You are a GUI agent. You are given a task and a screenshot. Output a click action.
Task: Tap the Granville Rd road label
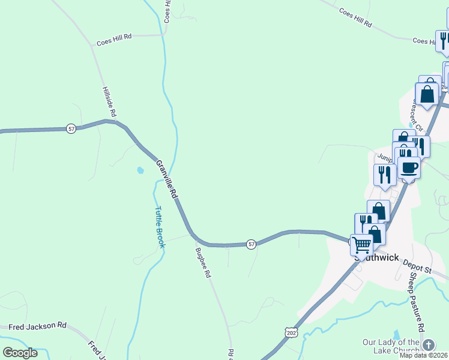[x=167, y=180]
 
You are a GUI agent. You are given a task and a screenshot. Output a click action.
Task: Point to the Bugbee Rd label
[x=203, y=263]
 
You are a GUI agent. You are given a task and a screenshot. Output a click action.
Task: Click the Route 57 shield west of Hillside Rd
[x=71, y=129]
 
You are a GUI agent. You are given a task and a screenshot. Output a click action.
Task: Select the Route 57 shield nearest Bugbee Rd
[x=251, y=244]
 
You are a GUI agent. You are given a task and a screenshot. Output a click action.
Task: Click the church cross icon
[x=428, y=345]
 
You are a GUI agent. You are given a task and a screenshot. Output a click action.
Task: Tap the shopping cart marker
[x=361, y=245]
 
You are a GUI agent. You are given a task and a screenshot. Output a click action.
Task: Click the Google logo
[x=19, y=353]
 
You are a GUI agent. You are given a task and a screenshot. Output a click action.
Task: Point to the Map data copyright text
[x=423, y=355]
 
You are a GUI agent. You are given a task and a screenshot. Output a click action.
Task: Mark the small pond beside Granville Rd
[x=140, y=170]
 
